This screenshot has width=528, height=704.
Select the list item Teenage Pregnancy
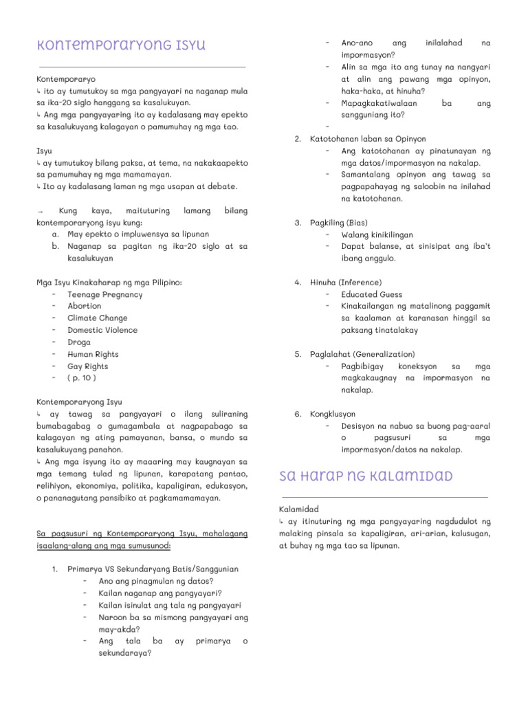[x=104, y=294]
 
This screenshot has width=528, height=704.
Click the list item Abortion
[x=84, y=306]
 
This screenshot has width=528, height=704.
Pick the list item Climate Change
[x=97, y=318]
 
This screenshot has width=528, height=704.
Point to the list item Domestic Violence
[x=102, y=330]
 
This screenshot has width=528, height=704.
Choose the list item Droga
[x=79, y=342]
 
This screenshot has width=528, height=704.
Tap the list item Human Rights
[x=93, y=354]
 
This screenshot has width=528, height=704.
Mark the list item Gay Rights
[x=88, y=366]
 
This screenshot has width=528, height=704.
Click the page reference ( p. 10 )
[x=82, y=378]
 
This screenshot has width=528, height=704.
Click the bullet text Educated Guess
[x=371, y=294]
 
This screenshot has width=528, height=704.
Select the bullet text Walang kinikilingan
[x=378, y=234]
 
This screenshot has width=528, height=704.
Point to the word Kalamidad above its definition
[x=298, y=509]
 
